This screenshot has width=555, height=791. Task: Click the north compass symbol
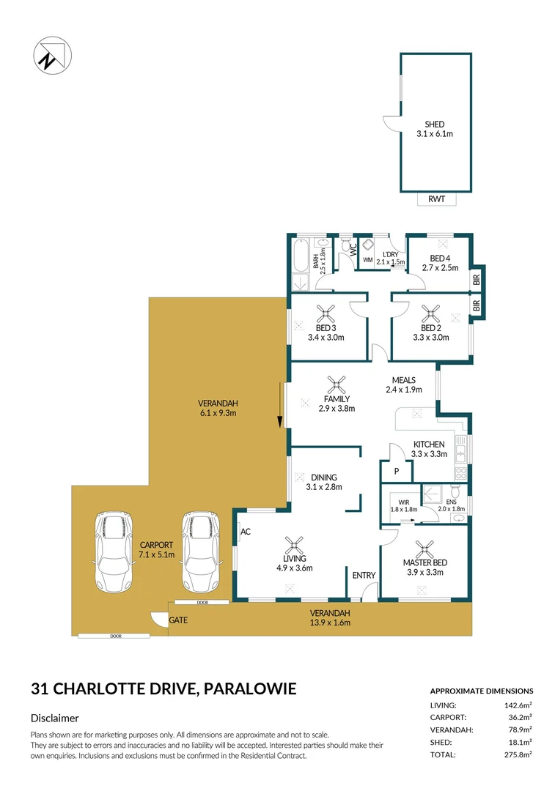[51, 56]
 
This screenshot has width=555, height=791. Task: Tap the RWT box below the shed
[436, 199]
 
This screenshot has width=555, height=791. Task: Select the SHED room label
[435, 125]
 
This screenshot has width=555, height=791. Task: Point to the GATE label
[178, 620]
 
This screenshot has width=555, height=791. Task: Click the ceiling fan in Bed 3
[326, 315]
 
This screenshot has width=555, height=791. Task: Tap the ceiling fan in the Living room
[295, 544]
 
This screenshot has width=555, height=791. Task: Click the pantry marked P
[396, 472]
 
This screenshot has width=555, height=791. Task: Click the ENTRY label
[364, 576]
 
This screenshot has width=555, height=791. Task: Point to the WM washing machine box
[367, 260]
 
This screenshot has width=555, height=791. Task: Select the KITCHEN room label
[429, 445]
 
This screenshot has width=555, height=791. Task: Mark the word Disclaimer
[54, 718]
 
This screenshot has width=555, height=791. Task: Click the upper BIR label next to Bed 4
[477, 279]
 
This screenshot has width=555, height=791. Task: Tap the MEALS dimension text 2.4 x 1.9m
[403, 390]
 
